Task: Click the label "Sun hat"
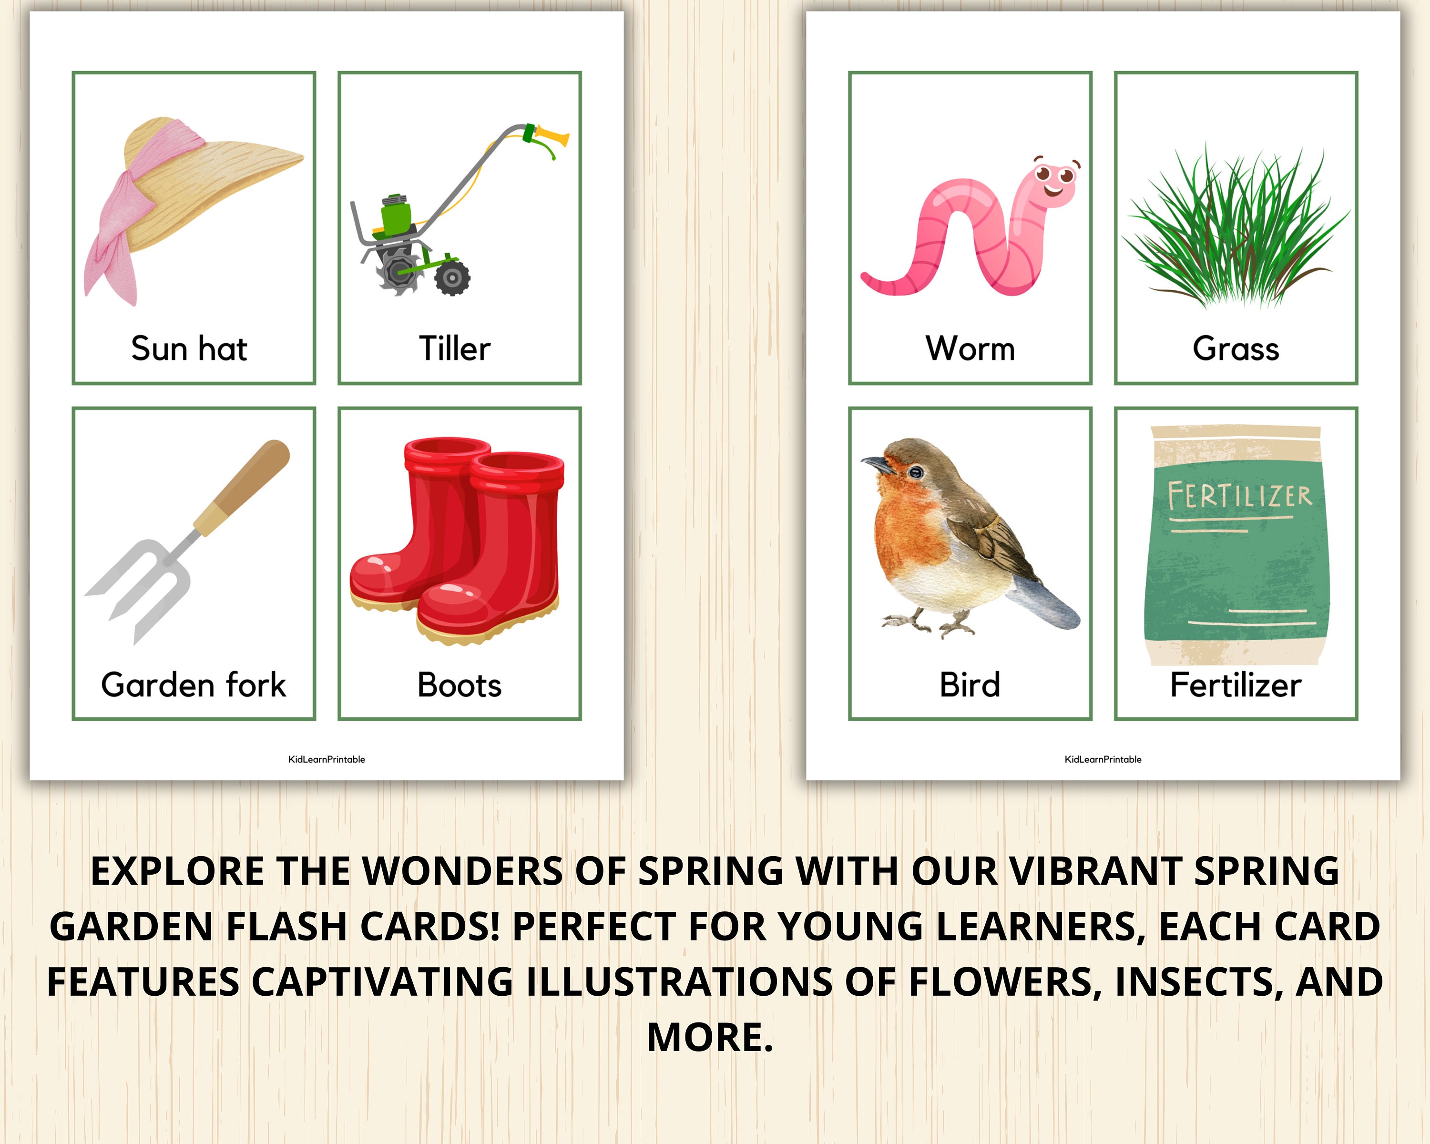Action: coord(189,349)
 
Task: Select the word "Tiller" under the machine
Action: coord(455,349)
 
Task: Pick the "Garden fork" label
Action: coord(194,685)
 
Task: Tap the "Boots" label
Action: coord(460,685)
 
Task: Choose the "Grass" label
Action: coord(1236,349)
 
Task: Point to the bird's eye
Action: coord(916,472)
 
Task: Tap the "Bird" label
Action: coord(970,685)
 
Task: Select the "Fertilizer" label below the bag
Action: coord(1236,685)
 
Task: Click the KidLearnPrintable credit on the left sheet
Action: coord(327,759)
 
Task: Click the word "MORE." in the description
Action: coord(710,1037)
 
